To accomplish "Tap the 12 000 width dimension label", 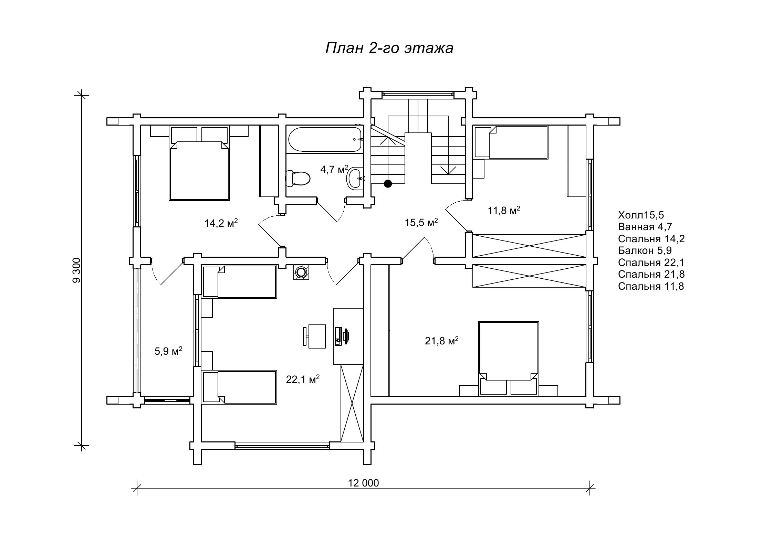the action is [363, 483].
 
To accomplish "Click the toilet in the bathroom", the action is [298, 178].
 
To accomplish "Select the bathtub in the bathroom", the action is [325, 139].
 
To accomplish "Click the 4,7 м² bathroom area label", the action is [334, 169].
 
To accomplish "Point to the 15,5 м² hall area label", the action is [421, 222].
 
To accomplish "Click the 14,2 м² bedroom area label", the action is [221, 223].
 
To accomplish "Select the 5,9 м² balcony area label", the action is [168, 351].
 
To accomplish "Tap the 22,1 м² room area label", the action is [303, 379].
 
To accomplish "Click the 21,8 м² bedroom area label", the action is [441, 341].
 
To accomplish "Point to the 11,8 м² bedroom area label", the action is [504, 210].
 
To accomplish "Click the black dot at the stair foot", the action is [388, 184].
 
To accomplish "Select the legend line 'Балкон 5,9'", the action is [645, 250].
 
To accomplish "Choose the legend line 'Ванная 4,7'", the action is [645, 227].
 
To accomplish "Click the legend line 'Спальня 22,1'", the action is [651, 263].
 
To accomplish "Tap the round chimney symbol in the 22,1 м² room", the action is [301, 272].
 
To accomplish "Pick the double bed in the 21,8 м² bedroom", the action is [509, 358].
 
